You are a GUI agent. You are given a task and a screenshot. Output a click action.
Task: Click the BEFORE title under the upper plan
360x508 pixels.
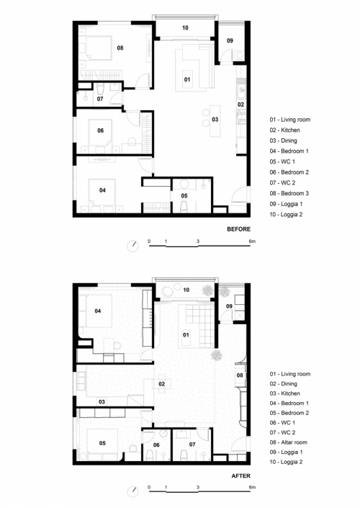point(239,229)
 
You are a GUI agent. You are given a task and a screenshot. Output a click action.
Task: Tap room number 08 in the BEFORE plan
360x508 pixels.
point(120,48)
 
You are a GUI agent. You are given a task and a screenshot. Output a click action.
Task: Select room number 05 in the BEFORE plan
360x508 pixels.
point(184,195)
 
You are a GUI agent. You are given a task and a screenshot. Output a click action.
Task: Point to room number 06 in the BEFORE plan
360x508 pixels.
point(101,130)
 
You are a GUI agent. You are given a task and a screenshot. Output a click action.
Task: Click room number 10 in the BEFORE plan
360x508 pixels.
point(185,28)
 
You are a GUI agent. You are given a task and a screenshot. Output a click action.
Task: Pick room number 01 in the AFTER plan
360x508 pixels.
point(185,335)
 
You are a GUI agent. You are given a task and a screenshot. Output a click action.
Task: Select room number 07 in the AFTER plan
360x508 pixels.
point(192,445)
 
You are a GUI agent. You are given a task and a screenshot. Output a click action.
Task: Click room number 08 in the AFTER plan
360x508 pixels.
point(240,375)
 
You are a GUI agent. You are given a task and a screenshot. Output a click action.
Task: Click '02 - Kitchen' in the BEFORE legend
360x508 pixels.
point(284,130)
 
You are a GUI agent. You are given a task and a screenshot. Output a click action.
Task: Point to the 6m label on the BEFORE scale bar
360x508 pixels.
point(252,240)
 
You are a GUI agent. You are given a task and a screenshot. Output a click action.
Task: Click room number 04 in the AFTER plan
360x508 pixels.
point(99,311)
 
